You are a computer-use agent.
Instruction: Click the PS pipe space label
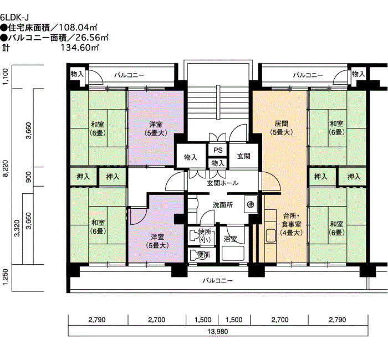click(x=218, y=150)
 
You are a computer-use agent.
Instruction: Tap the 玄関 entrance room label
click(x=244, y=156)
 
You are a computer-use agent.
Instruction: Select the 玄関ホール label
click(x=223, y=183)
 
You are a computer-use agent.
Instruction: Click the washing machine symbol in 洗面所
click(x=251, y=204)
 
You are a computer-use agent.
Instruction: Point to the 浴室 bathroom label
click(x=231, y=239)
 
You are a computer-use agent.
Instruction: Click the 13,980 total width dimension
click(x=218, y=331)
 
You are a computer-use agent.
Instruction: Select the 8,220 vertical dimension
click(x=6, y=168)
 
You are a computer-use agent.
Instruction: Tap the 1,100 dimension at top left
click(x=6, y=76)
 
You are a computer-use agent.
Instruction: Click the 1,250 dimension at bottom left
click(x=6, y=277)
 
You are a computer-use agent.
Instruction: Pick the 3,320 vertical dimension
click(x=17, y=228)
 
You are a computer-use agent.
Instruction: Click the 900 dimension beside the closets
click(x=29, y=177)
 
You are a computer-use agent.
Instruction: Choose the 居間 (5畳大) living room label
click(x=282, y=128)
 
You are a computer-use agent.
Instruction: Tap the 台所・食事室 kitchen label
click(x=292, y=224)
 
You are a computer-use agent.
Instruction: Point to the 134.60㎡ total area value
click(x=80, y=47)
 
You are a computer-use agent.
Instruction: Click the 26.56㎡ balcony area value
click(x=92, y=37)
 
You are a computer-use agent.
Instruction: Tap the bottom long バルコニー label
click(x=218, y=281)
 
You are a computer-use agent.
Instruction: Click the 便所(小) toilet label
click(x=205, y=235)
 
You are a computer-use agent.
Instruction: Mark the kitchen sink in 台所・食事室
click(x=270, y=236)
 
